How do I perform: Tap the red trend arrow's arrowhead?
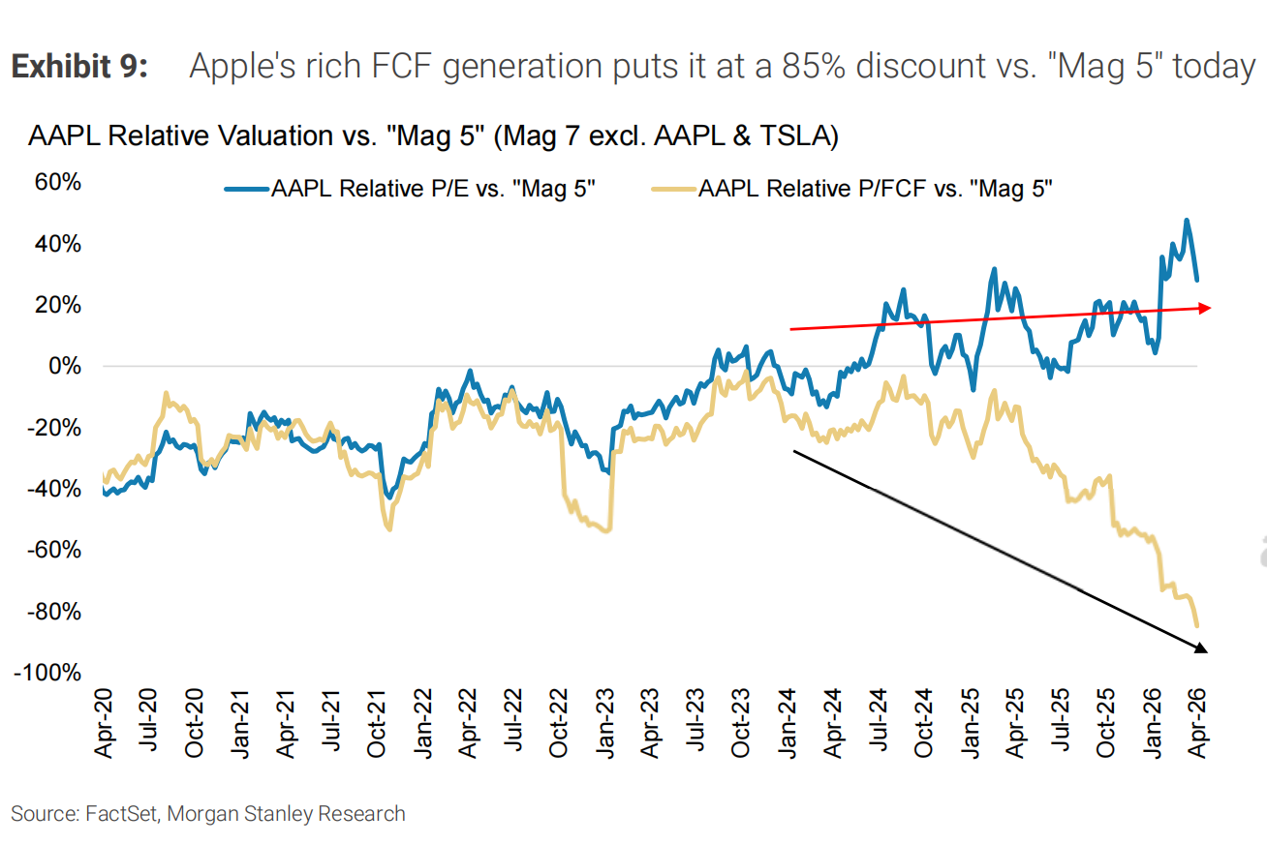[1204, 308]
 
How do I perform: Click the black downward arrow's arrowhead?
[1201, 648]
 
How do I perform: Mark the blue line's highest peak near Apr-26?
[1187, 221]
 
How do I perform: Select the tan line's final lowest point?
[1197, 625]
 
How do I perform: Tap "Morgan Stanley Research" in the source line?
[287, 814]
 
